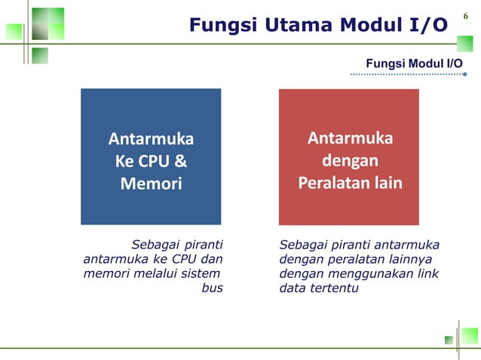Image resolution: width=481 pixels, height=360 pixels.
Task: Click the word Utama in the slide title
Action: pos(290,26)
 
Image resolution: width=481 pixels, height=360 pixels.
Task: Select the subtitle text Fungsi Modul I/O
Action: pos(414,63)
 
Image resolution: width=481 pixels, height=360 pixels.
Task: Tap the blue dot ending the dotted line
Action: pos(465,75)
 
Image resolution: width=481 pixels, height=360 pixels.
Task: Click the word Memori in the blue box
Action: pos(151,183)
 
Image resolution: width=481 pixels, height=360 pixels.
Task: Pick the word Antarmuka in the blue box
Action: pos(151,139)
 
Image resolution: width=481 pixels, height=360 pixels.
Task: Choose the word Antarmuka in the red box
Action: pos(349,139)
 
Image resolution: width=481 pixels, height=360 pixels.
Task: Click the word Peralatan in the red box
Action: pos(332,183)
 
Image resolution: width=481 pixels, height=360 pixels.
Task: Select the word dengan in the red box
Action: pos(349,161)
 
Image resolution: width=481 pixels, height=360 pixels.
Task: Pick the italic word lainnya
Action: pos(415,259)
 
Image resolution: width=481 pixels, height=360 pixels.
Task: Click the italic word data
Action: pos(292,288)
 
